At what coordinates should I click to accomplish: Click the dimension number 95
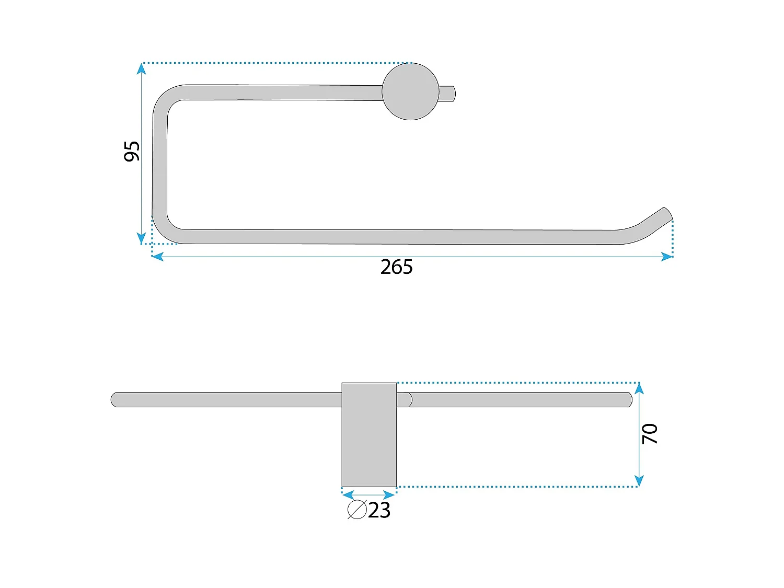point(131,152)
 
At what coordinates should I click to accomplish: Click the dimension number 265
point(397,267)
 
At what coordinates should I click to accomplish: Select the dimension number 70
point(649,434)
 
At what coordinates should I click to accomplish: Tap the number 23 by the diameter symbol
point(379,510)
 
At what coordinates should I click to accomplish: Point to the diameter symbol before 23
point(357,510)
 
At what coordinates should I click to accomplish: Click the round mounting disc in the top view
point(410,91)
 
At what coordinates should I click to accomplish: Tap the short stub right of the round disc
point(447,94)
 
